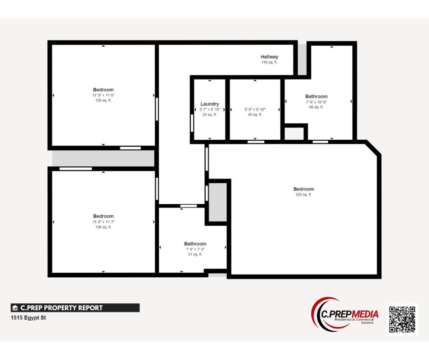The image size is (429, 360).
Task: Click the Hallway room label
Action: pyautogui.click(x=269, y=57)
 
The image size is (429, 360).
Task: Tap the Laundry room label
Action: pyautogui.click(x=209, y=104)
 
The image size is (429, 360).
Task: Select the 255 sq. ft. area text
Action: pyautogui.click(x=303, y=195)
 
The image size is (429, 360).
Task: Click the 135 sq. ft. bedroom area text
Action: pyautogui.click(x=103, y=101)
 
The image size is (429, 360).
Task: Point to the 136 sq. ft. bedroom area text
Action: pyautogui.click(x=103, y=227)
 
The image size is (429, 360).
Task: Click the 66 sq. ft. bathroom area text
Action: pyautogui.click(x=316, y=107)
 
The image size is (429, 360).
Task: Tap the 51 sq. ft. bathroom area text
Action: pyautogui.click(x=195, y=254)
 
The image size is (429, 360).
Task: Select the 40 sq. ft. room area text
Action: pyautogui.click(x=255, y=115)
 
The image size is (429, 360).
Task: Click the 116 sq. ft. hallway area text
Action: pyautogui.click(x=269, y=62)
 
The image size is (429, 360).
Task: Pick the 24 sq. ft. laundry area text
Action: pyautogui.click(x=209, y=115)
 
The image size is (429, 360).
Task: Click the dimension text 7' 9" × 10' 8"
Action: pyautogui.click(x=316, y=102)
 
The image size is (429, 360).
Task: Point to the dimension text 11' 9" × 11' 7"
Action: pyautogui.click(x=103, y=222)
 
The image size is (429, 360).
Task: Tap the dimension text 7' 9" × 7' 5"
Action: pyautogui.click(x=195, y=249)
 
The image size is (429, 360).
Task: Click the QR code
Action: pyautogui.click(x=402, y=319)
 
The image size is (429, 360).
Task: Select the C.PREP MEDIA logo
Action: pyautogui.click(x=345, y=315)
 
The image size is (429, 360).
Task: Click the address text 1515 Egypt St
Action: pyautogui.click(x=28, y=318)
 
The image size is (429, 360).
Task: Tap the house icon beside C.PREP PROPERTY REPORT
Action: pyautogui.click(x=15, y=308)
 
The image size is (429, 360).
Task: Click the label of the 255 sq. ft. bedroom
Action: pyautogui.click(x=303, y=189)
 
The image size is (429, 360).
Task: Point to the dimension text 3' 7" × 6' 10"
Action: pyautogui.click(x=209, y=110)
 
